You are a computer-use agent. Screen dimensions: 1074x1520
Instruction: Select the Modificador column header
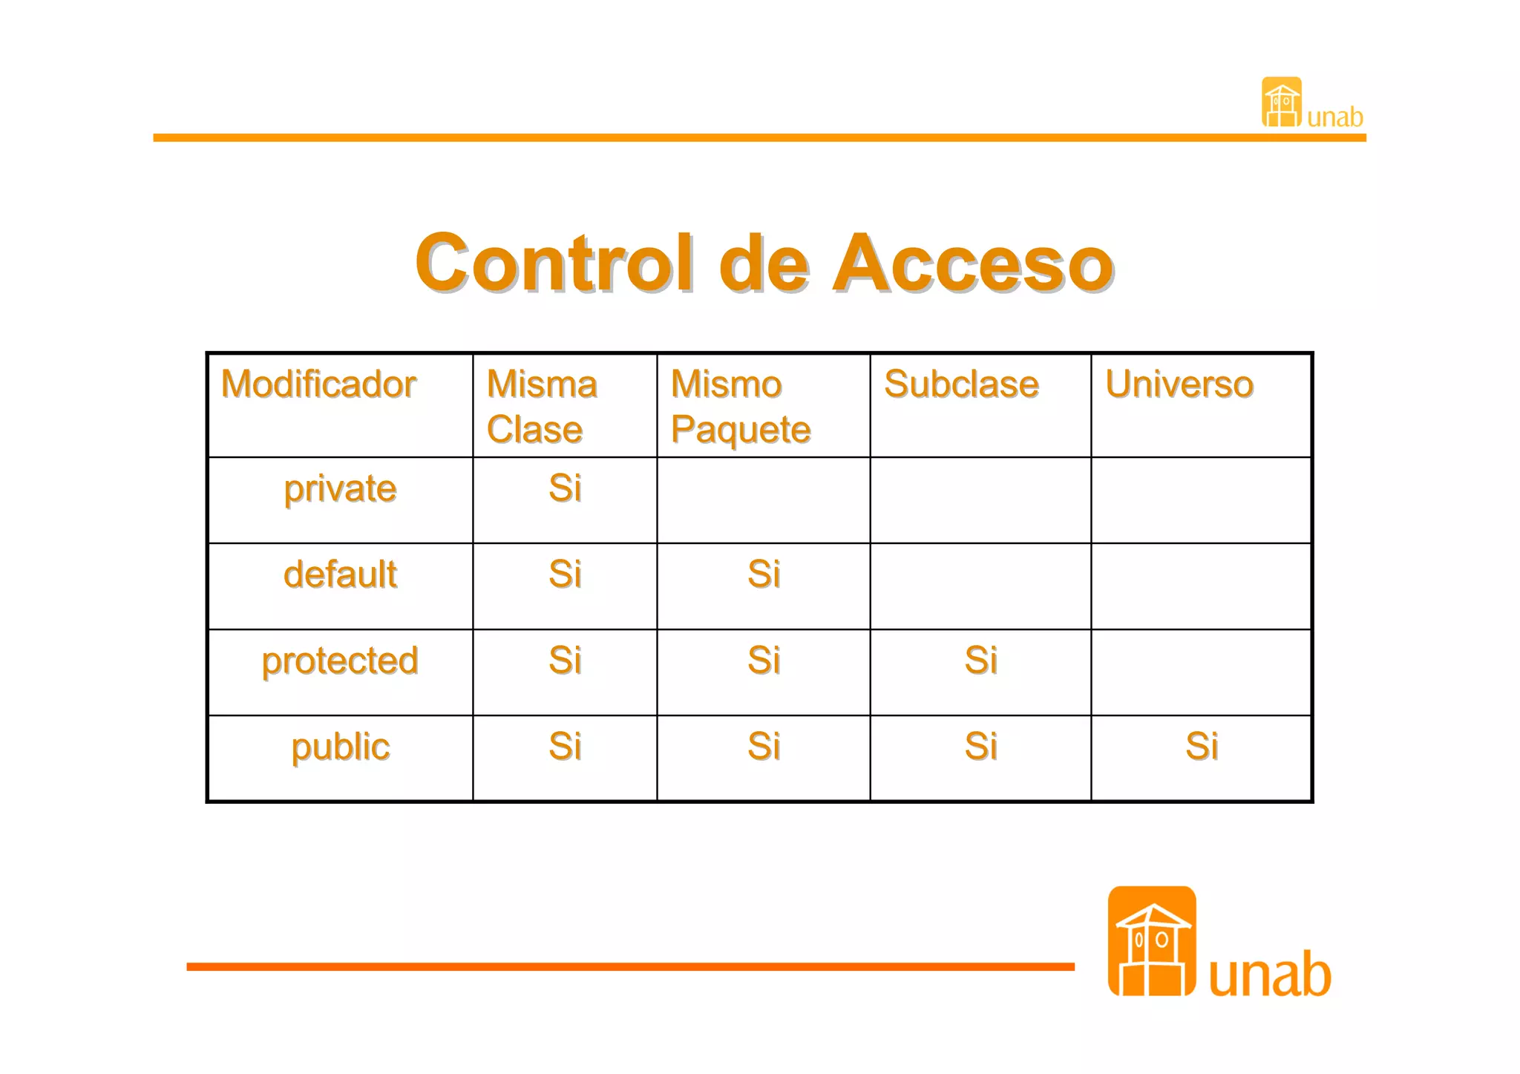pyautogui.click(x=318, y=384)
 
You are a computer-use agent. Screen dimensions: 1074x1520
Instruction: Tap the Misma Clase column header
pyautogui.click(x=542, y=407)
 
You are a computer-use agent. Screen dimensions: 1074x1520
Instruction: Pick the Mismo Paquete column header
pyautogui.click(x=740, y=407)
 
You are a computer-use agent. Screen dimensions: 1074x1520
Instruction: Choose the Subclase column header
pyautogui.click(x=961, y=384)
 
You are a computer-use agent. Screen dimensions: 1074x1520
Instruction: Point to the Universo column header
pyautogui.click(x=1179, y=384)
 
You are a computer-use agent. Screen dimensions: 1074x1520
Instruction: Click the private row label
pyautogui.click(x=340, y=489)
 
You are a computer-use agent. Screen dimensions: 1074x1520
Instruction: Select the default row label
pyautogui.click(x=340, y=574)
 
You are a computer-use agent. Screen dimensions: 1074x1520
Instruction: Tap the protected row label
pyautogui.click(x=340, y=661)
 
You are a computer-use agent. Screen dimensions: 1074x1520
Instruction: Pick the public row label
pyautogui.click(x=340, y=747)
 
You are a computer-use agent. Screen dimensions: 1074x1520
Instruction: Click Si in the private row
pyautogui.click(x=565, y=488)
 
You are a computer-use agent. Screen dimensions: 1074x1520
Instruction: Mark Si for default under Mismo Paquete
pyautogui.click(x=764, y=574)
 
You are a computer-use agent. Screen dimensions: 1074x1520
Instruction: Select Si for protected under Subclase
pyautogui.click(x=980, y=661)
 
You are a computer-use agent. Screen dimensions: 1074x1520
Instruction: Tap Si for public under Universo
pyautogui.click(x=1202, y=747)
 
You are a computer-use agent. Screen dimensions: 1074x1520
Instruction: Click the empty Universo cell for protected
pyautogui.click(x=1202, y=672)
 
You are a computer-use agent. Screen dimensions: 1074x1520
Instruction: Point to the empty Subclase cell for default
pyautogui.click(x=980, y=586)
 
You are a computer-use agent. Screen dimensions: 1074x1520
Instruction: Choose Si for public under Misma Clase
pyautogui.click(x=565, y=747)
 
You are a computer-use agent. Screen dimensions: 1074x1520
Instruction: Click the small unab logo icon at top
pyautogui.click(x=1282, y=102)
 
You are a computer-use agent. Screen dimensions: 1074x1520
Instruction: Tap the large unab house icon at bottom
pyautogui.click(x=1151, y=941)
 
